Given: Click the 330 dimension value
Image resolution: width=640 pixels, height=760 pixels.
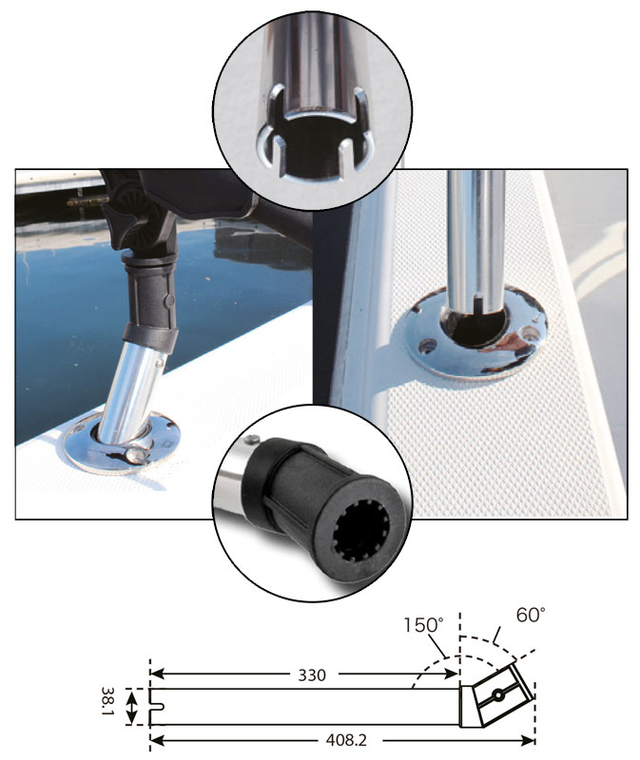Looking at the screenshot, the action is pos(312,674).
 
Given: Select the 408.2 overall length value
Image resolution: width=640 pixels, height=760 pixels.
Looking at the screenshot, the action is pos(346,740).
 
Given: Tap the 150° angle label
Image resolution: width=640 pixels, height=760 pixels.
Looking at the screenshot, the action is pos(423,625).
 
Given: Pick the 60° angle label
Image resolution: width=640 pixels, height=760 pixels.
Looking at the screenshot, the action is pos(531,615).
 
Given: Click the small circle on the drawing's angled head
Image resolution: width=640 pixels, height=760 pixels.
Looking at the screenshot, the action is pos(498,695).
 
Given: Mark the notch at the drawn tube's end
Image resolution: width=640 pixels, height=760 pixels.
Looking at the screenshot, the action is pos(157,706).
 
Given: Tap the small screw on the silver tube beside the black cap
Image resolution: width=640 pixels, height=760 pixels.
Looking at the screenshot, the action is pos(250,439).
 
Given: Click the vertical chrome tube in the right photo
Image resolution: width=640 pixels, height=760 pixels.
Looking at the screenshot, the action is pos(475,242).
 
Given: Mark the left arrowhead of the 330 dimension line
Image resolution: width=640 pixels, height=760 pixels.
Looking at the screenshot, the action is pos(158,674).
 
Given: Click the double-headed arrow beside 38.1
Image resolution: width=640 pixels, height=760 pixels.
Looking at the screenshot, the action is pos(131,706).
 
